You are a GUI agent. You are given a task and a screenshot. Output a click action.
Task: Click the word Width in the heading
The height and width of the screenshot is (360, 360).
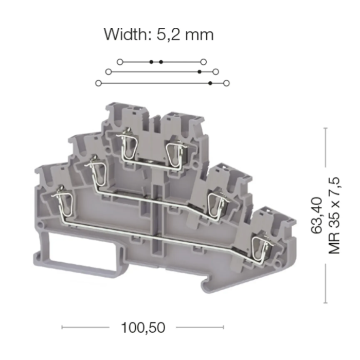pyautogui.click(x=127, y=34)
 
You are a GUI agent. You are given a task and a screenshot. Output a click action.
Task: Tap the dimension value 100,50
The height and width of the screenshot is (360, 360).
pyautogui.click(x=143, y=328)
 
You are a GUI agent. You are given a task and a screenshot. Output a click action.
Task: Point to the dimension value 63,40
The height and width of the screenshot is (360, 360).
pyautogui.click(x=317, y=215)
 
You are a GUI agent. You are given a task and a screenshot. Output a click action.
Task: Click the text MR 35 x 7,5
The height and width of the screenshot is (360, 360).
pyautogui.click(x=334, y=215)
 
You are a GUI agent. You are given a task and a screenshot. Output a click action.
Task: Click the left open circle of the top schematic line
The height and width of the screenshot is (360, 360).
pyautogui.click(x=120, y=62)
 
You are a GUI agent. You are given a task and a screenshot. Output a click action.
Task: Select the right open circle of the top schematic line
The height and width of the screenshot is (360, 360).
pyautogui.click(x=204, y=62)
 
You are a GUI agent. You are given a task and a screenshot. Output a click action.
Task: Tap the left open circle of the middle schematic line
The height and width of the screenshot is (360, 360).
pyautogui.click(x=109, y=72)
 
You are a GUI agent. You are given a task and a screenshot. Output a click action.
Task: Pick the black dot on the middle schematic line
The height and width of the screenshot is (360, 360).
pyautogui.click(x=200, y=72)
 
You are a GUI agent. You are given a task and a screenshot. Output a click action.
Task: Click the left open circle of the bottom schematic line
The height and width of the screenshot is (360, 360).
pyautogui.click(x=99, y=83)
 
